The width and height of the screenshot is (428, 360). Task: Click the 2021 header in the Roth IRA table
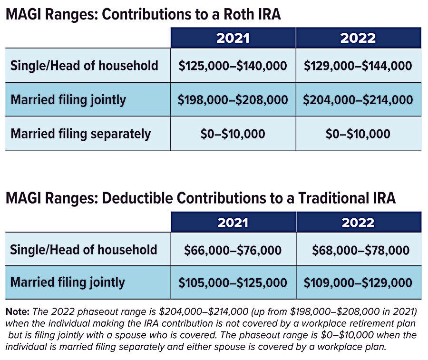pos(233,38)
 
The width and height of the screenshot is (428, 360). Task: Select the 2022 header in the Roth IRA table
pos(359,38)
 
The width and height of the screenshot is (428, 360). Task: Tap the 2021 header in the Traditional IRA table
pos(233,222)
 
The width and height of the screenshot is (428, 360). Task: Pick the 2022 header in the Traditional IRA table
pos(359,222)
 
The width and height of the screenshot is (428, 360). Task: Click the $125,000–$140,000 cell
pos(233,66)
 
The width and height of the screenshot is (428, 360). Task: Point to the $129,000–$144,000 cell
pos(359,66)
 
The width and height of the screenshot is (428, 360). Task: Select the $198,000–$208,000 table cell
pos(233,99)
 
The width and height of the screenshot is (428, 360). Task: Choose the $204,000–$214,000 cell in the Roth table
pos(359,99)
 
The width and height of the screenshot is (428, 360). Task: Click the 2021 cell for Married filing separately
pos(233,134)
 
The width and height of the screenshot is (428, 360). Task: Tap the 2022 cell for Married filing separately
pos(359,134)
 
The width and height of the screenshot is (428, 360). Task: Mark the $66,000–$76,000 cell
pos(233,250)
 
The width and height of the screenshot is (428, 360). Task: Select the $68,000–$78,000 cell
pos(359,250)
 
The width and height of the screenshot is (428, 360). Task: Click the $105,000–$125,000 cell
pos(233,282)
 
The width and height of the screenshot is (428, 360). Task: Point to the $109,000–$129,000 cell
pos(359,282)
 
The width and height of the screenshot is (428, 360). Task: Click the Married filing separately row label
pos(81,134)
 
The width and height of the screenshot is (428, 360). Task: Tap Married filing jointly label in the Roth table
pos(68,100)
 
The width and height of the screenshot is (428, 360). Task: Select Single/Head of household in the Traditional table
pos(84,250)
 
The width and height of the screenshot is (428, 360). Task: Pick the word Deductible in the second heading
pos(137,198)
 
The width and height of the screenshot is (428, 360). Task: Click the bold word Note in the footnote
pos(17,311)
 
